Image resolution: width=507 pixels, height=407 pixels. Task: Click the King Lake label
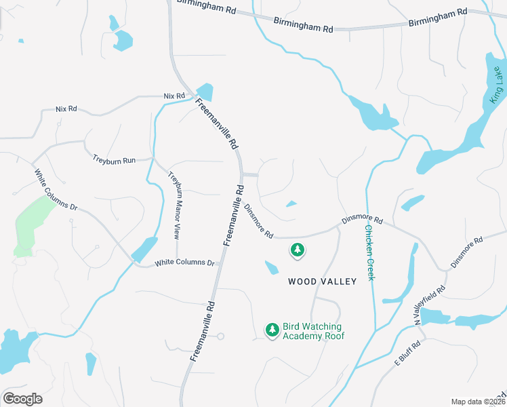click(x=497, y=84)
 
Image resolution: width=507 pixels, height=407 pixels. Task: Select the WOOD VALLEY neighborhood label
click(x=322, y=281)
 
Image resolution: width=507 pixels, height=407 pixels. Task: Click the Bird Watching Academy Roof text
click(x=313, y=331)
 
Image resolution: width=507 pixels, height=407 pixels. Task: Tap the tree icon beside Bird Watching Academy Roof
click(x=272, y=330)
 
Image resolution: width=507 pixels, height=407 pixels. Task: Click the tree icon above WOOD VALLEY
click(x=297, y=251)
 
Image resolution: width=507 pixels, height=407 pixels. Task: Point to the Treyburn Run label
click(x=114, y=159)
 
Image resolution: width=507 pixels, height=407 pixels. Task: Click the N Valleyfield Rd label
click(x=430, y=304)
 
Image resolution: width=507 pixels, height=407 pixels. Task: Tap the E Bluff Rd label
click(x=408, y=353)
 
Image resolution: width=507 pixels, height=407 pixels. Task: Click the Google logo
click(x=22, y=399)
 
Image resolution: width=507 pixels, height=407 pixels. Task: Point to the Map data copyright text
click(x=479, y=402)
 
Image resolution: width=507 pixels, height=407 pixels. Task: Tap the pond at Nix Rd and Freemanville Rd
click(x=204, y=92)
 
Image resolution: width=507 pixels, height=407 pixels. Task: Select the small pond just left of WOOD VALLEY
click(x=272, y=268)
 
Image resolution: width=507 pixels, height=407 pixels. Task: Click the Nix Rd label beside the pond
click(x=174, y=96)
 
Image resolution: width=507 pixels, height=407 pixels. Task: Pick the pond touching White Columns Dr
click(x=144, y=250)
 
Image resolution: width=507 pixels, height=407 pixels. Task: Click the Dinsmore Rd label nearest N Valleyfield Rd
click(x=466, y=252)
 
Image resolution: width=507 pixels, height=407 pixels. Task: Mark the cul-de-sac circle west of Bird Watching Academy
click(x=220, y=336)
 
